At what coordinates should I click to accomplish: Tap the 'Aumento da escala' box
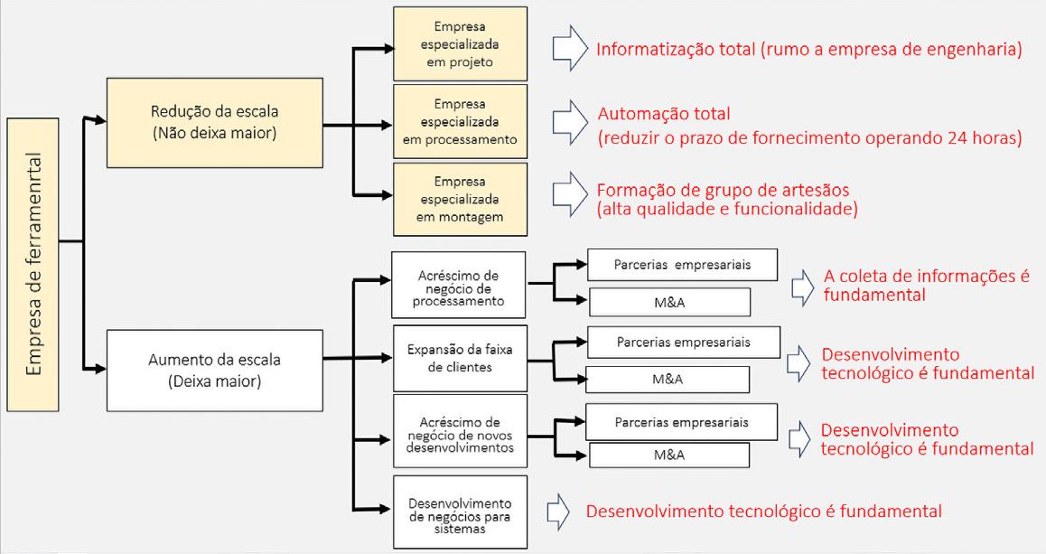point(214,371)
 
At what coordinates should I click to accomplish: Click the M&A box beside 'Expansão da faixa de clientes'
point(668,379)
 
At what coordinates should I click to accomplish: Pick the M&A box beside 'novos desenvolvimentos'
point(668,455)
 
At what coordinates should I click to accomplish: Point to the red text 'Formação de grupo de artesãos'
point(723,191)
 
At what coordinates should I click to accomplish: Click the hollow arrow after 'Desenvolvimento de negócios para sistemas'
point(560,512)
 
